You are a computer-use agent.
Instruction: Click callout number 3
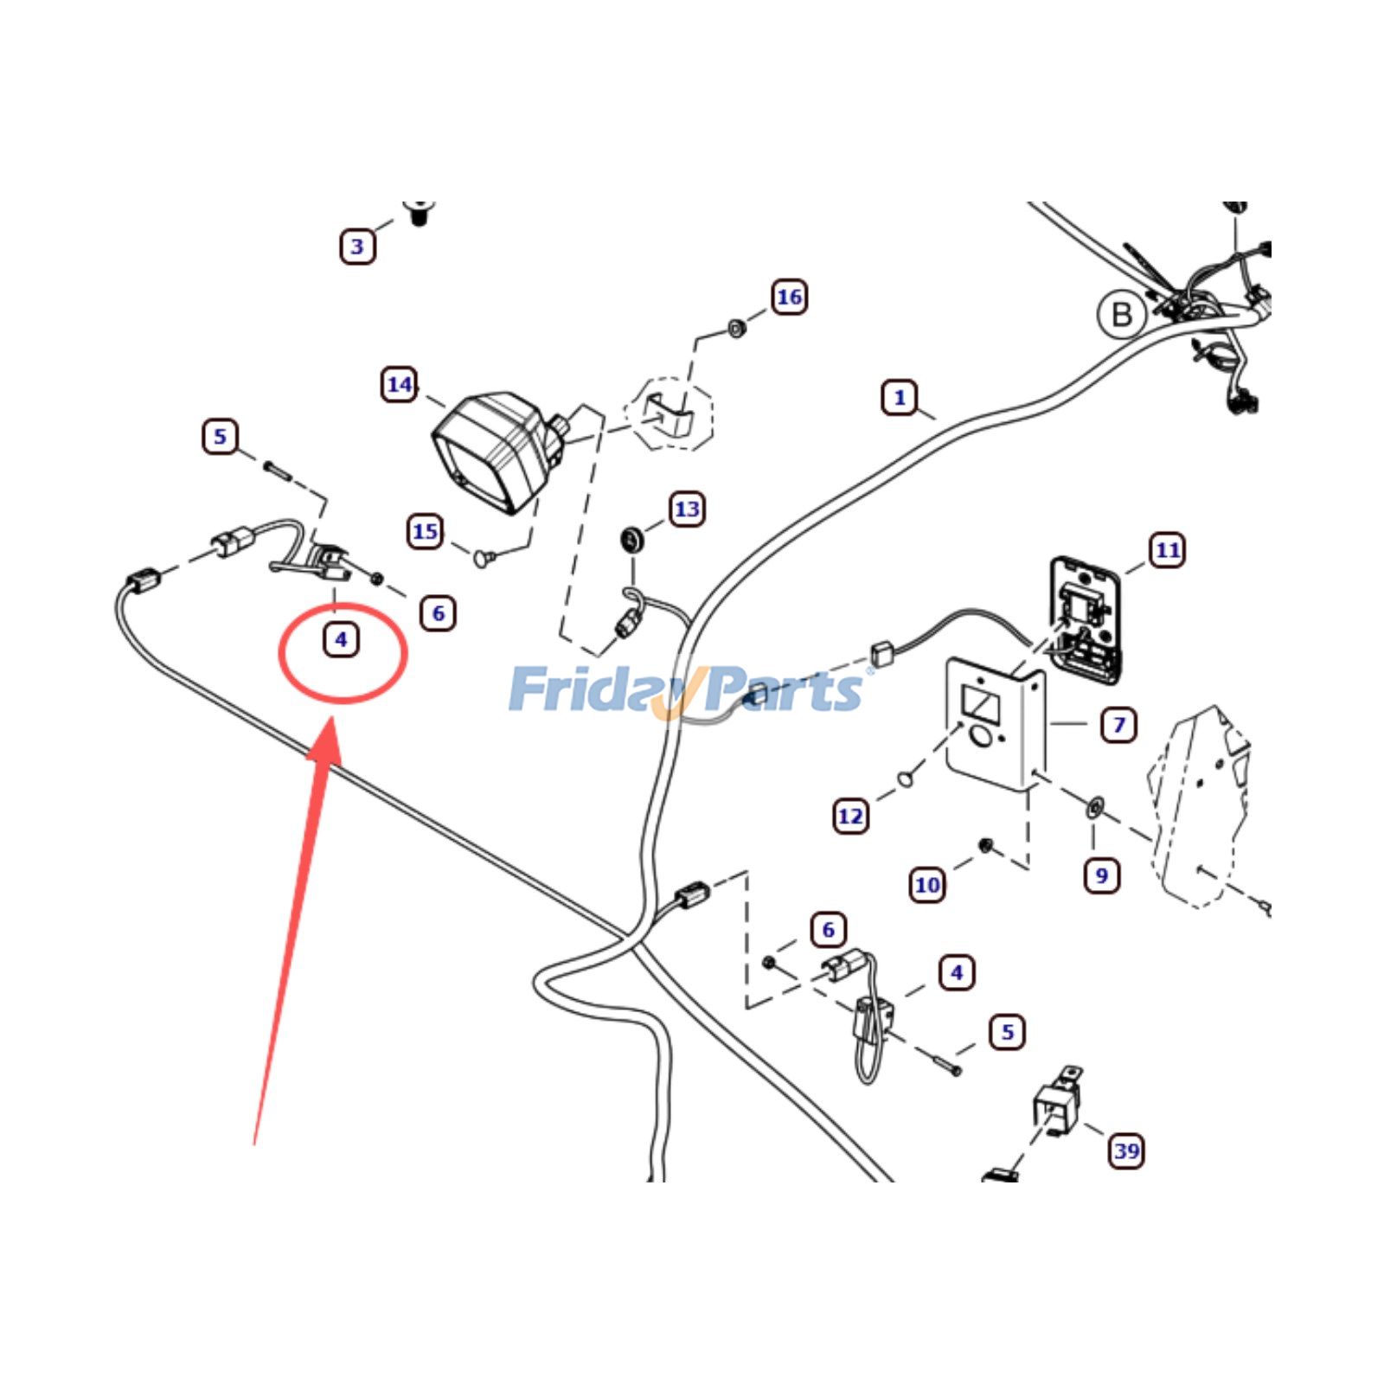coord(357,247)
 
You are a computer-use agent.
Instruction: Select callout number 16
coord(788,298)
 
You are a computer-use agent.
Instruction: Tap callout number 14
coord(399,385)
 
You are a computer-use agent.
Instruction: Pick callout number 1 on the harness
coord(900,398)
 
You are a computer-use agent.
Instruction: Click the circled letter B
coord(1121,314)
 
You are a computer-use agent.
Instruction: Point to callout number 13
coord(687,509)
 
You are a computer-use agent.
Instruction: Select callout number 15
coord(425,531)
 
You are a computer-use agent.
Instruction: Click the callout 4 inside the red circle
coord(341,640)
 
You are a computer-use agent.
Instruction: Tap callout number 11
coord(1168,550)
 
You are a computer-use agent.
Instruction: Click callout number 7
coord(1118,724)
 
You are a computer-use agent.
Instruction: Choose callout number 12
coord(850,816)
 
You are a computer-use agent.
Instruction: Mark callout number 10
coord(926,885)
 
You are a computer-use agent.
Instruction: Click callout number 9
coord(1101,875)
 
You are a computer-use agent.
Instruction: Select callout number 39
coord(1126,1151)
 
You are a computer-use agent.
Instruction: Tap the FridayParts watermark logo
coord(688,690)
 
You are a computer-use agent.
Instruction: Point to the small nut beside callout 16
coord(737,329)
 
